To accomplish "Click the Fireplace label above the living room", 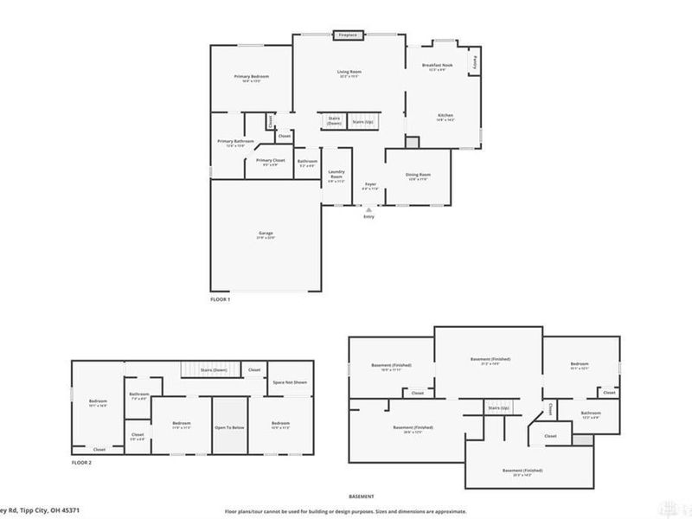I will point(348,35).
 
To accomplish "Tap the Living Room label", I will point(349,72).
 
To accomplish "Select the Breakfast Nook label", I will point(437,66).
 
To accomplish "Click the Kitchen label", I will point(445,116).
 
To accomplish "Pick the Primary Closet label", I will point(270,160).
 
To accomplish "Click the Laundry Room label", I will point(336,175).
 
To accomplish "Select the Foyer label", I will point(370,184).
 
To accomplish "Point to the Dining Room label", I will point(419,175).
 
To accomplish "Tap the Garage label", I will point(265,234).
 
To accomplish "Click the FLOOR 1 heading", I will point(221,299).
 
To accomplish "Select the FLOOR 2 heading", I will point(81,464).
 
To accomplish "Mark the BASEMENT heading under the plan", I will point(361,497).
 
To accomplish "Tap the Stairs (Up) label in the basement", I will point(498,407).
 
